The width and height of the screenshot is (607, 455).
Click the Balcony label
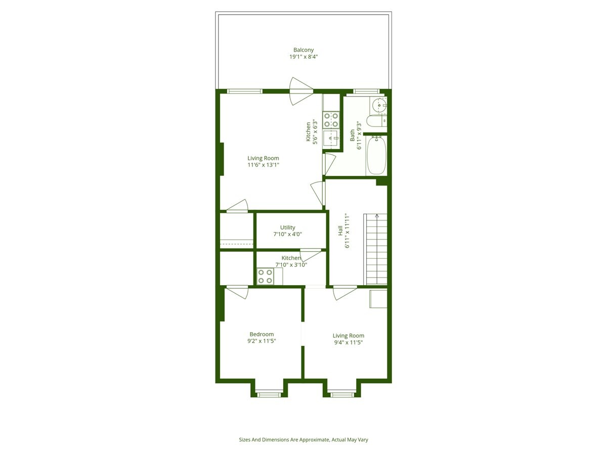point(303,50)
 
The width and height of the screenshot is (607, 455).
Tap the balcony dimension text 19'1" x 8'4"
point(303,57)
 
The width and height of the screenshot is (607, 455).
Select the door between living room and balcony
point(300,91)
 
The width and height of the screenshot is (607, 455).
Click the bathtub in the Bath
point(376,155)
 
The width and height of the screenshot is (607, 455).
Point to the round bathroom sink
point(379,106)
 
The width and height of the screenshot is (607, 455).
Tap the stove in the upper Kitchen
point(331,120)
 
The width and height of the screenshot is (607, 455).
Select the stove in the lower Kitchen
point(265,277)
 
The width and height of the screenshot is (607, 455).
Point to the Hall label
point(340,231)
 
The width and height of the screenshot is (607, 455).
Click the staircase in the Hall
point(376,249)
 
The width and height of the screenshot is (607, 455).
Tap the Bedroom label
point(262,334)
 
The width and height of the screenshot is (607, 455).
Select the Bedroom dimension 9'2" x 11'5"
point(262,341)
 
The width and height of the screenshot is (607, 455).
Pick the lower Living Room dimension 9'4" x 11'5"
point(348,343)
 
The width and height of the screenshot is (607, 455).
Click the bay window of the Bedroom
point(269,393)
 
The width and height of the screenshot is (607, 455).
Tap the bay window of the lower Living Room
point(341,393)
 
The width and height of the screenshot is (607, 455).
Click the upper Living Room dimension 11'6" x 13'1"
point(263,165)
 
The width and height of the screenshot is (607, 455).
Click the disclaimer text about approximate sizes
point(303,440)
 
